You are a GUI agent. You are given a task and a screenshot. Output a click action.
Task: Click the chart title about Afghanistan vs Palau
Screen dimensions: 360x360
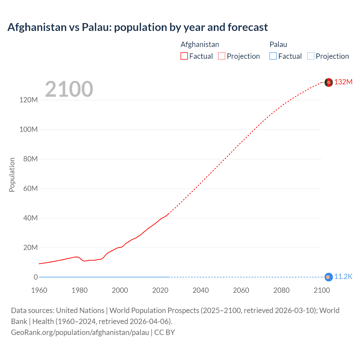click(138, 27)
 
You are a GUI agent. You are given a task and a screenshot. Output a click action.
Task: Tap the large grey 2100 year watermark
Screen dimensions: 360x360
click(69, 89)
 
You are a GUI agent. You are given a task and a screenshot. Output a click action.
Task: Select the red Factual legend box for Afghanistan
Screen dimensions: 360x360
click(184, 56)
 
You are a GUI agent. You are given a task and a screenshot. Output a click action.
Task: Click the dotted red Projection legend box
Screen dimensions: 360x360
click(222, 56)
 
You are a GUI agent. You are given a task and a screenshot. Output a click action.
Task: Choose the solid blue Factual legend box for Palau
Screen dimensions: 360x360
click(273, 56)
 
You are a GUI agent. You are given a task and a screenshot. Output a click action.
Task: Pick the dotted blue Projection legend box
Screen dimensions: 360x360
click(310, 56)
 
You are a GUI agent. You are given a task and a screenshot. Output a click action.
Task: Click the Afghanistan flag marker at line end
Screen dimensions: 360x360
click(328, 82)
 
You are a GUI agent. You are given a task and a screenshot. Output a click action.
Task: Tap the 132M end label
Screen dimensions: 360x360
click(343, 82)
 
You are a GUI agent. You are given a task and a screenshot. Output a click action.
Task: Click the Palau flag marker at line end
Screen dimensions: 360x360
click(328, 277)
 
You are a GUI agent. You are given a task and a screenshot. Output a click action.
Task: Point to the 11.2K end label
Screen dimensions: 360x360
click(343, 276)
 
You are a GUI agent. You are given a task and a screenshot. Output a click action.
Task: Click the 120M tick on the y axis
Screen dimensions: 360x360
click(28, 100)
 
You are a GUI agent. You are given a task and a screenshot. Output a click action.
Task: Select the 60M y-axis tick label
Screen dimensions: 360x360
click(30, 188)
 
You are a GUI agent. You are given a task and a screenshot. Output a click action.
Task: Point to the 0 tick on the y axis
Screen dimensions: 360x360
click(36, 277)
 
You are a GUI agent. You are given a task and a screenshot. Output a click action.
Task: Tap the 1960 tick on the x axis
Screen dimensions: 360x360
click(39, 290)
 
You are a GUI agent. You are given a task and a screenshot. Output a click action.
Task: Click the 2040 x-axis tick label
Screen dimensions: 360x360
click(201, 290)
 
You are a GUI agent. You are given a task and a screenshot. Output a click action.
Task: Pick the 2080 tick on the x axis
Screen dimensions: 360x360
click(281, 290)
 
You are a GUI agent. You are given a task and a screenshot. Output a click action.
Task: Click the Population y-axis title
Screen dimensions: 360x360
click(12, 175)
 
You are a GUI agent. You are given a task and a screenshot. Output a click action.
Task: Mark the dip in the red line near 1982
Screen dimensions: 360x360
click(84, 261)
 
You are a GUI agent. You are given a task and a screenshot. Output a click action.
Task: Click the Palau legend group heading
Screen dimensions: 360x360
click(278, 44)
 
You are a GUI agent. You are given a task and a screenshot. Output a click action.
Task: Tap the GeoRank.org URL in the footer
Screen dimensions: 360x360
click(80, 332)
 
